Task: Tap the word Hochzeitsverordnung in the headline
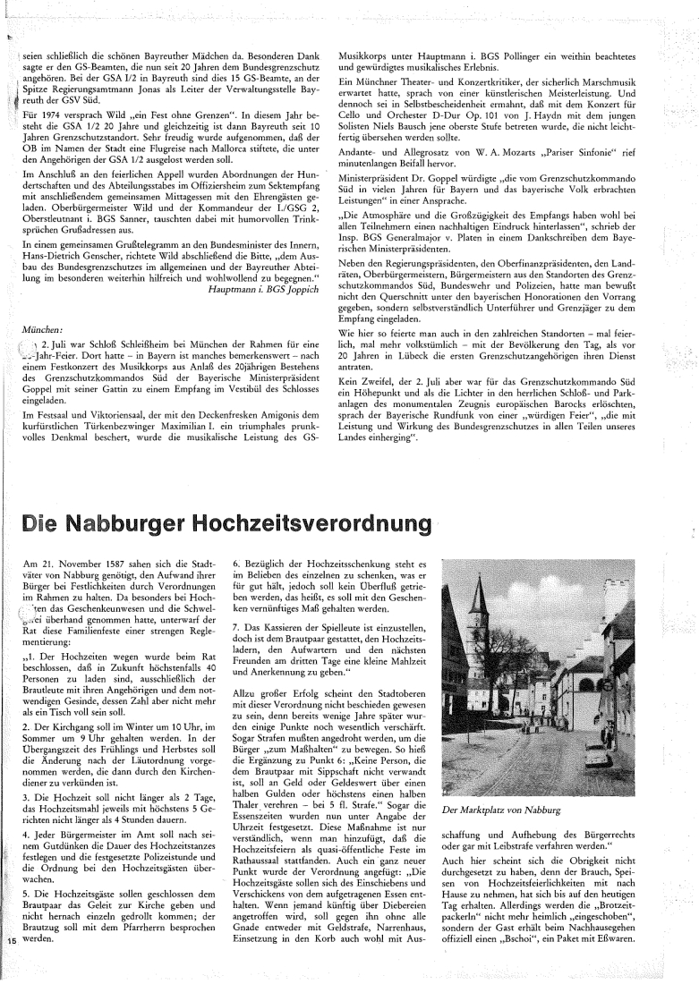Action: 321,522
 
